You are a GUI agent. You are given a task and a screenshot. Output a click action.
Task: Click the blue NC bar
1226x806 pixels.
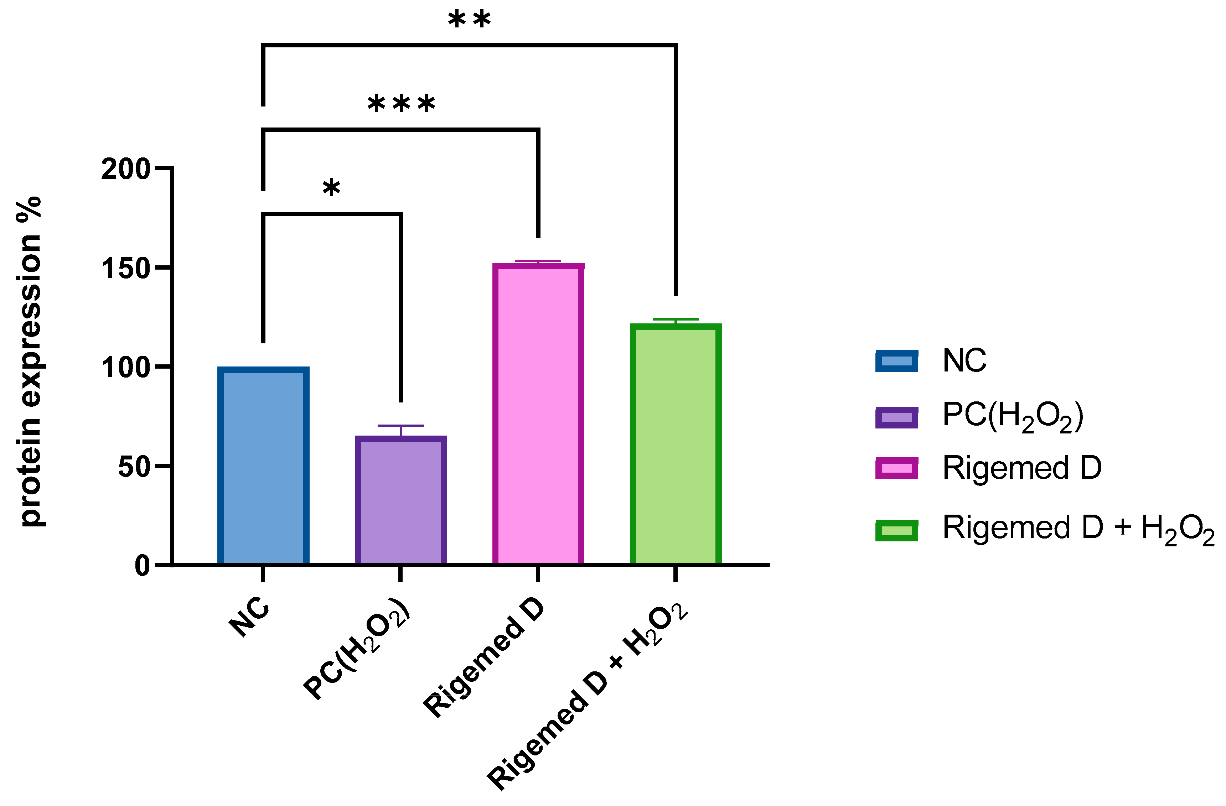tap(263, 466)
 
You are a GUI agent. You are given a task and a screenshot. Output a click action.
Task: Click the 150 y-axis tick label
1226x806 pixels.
tap(125, 268)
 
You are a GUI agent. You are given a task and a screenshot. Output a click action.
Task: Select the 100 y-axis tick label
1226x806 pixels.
tap(125, 367)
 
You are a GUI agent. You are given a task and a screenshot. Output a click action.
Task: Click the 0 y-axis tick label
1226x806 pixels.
tap(142, 566)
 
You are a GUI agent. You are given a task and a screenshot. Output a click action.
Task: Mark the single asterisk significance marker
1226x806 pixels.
tap(331, 189)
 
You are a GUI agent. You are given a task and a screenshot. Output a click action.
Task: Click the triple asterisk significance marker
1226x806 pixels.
tap(401, 105)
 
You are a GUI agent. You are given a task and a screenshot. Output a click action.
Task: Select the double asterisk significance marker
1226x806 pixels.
tap(469, 21)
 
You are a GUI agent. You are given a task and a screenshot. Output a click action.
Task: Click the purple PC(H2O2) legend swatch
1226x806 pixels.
tap(896, 417)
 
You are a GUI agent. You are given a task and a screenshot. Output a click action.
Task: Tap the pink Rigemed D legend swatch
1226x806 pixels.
tap(896, 468)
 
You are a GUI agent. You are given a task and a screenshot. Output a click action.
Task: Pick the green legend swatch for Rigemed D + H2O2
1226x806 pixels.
tap(896, 530)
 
